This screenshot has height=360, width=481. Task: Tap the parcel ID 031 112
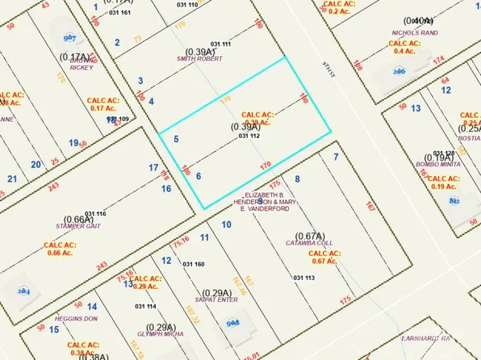249,136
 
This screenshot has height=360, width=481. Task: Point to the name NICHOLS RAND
414,33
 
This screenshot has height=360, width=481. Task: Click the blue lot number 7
335,155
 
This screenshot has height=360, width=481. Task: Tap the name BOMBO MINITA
437,164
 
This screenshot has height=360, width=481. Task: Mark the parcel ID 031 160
194,264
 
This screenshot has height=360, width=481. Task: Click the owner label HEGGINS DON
77,318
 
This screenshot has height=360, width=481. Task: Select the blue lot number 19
73,143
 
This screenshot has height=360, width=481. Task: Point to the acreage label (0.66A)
78,220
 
